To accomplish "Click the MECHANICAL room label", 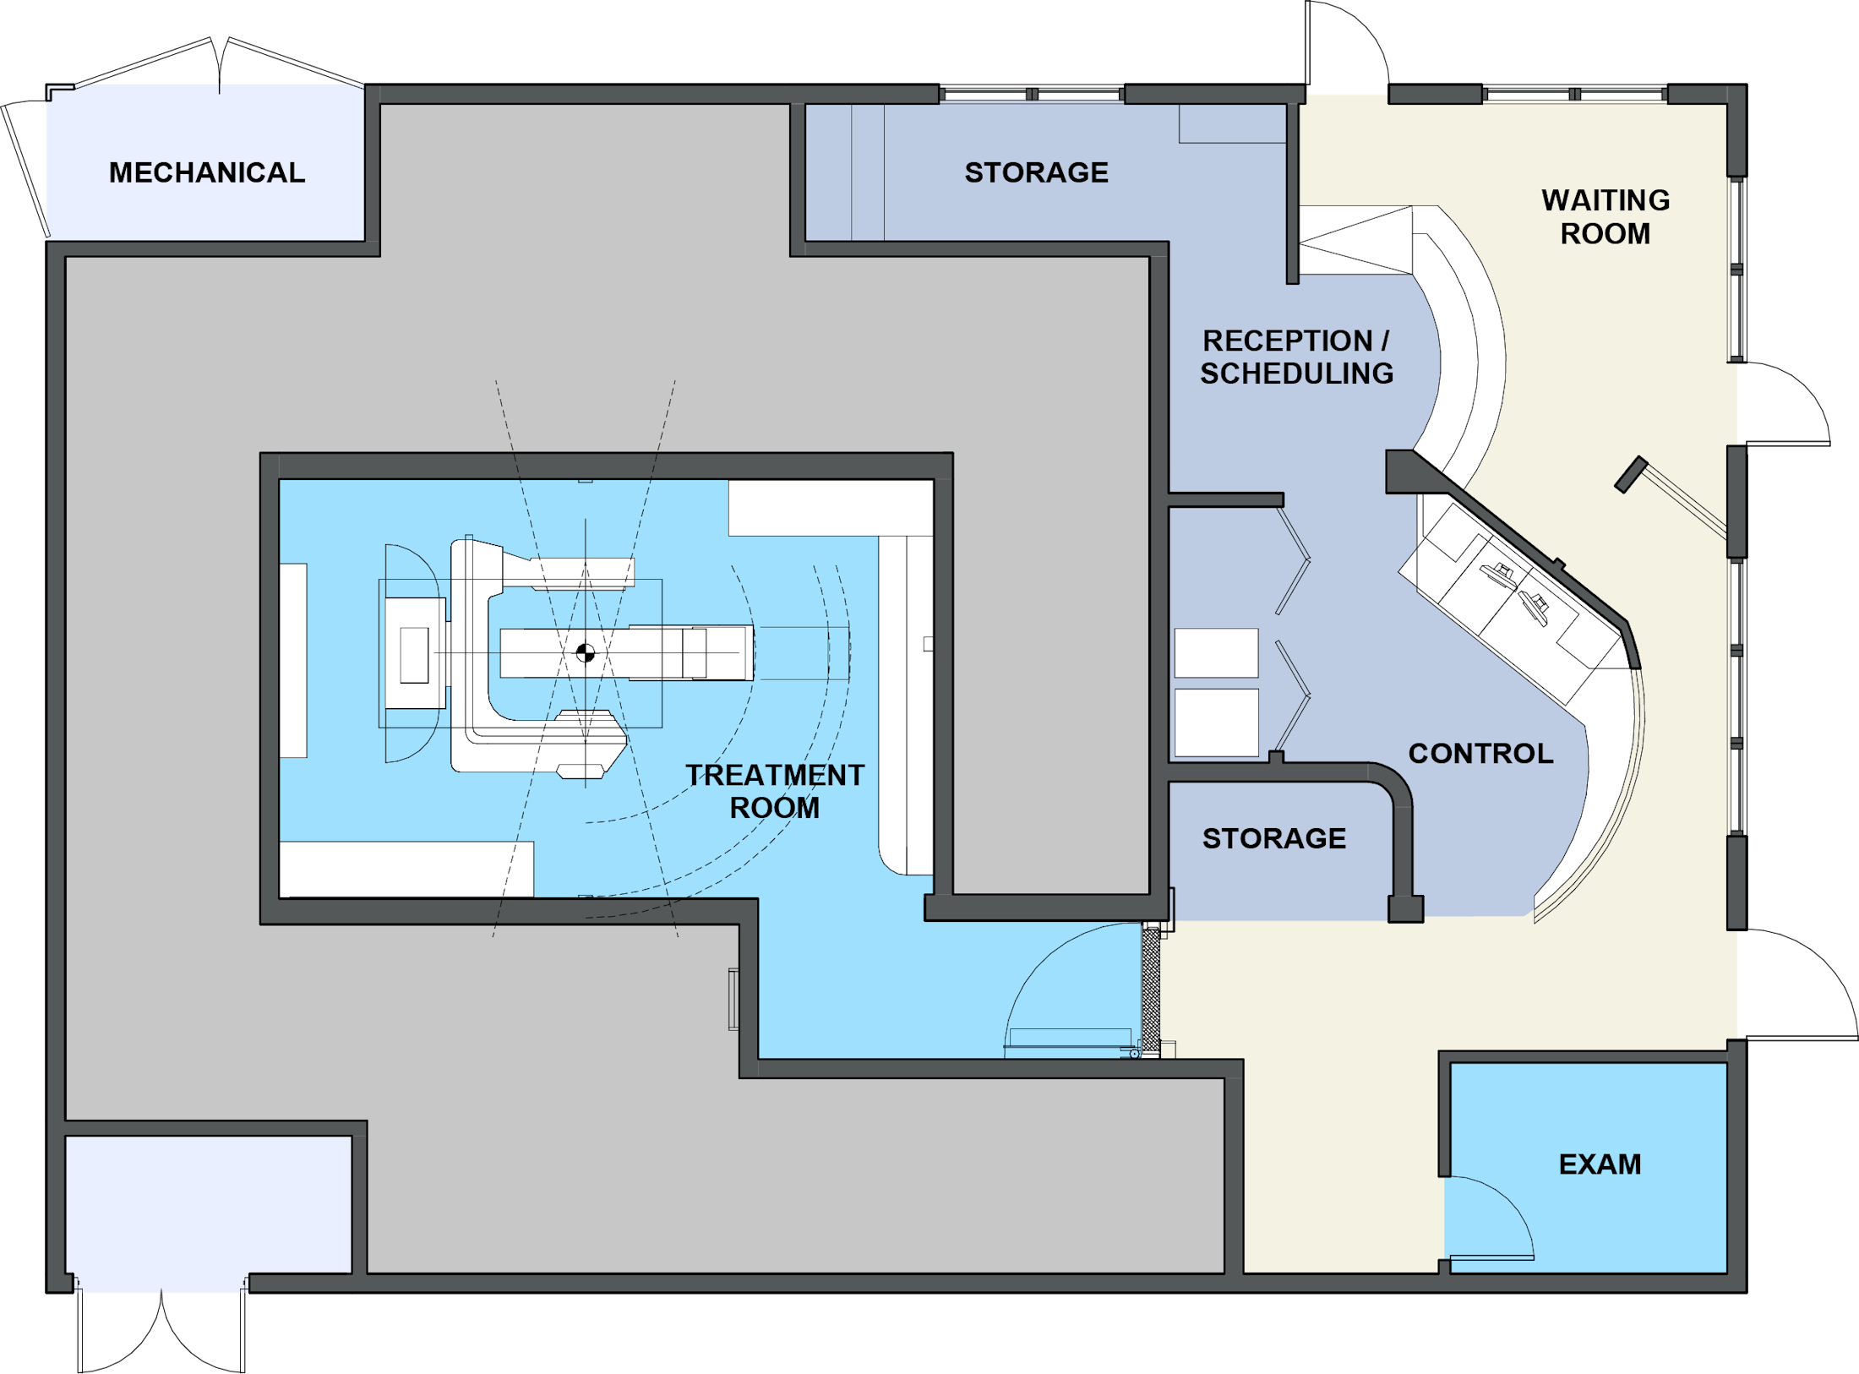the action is point(207,172).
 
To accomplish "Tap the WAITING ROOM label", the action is point(1605,216).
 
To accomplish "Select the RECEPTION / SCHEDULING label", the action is point(1296,357).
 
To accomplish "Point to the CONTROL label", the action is point(1480,753).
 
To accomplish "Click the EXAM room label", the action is point(1600,1164).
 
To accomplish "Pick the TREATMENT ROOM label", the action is point(775,791).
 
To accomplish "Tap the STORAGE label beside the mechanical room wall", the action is point(1036,172).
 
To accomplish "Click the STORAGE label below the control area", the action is point(1274,838).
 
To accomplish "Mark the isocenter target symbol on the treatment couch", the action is point(586,652).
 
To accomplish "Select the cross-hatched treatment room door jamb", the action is point(1151,990).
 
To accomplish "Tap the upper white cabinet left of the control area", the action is point(1216,652).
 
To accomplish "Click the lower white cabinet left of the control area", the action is point(1217,722).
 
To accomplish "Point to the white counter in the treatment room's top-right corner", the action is point(831,508).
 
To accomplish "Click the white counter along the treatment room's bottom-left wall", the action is point(406,869).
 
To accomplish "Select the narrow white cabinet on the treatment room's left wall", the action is point(293,660).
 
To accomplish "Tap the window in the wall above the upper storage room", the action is point(1032,94).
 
